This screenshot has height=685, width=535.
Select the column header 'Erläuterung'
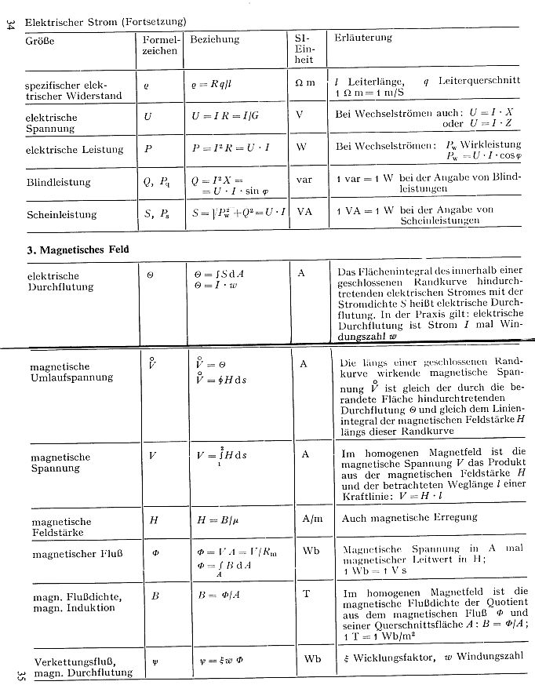point(363,38)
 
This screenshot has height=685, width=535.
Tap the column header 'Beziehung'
point(215,38)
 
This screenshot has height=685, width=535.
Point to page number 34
point(10,25)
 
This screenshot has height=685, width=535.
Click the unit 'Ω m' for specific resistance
point(305,82)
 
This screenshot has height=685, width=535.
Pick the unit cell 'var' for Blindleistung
point(304,179)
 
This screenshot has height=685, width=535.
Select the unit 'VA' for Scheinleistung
point(305,211)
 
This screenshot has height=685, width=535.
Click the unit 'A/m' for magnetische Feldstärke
point(312,519)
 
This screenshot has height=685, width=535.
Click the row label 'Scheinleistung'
point(61,214)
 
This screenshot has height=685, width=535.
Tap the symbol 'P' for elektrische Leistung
point(147,147)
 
